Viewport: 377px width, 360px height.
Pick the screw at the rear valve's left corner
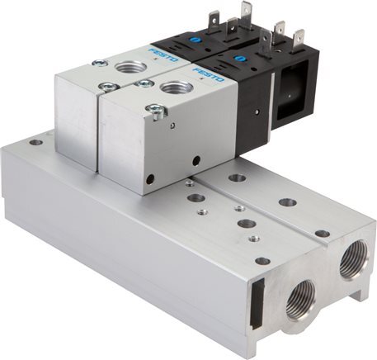tap(99, 64)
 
